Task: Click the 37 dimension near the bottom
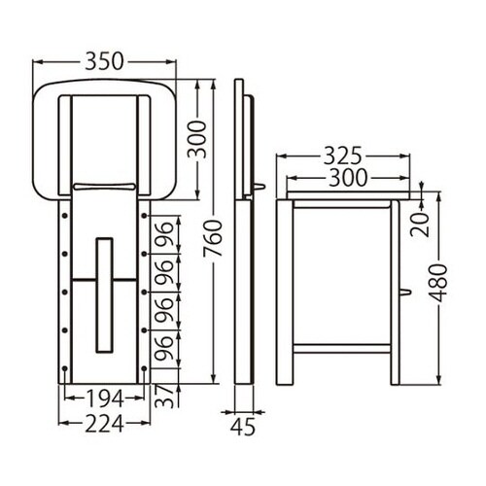coord(166,396)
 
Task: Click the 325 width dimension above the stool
coord(341,156)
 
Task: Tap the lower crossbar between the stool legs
coord(340,347)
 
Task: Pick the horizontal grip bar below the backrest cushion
coord(102,186)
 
